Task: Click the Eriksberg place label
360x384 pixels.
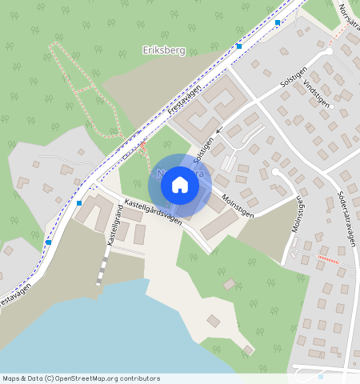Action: pos(163,50)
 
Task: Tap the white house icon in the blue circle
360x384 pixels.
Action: pos(180,185)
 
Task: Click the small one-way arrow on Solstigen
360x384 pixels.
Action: pos(218,130)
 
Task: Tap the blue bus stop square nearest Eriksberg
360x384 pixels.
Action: pos(238,46)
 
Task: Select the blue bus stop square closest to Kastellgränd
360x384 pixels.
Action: pos(78,203)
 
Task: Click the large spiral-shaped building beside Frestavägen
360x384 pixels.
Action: pos(206,112)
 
